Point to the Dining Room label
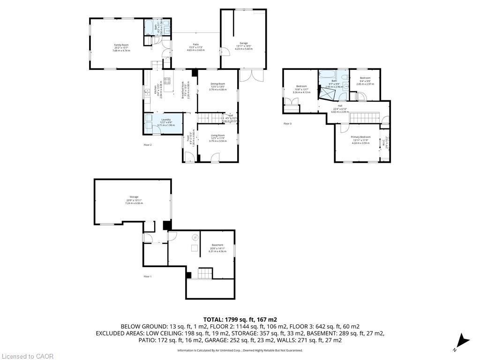click(217, 84)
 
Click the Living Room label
click(217, 135)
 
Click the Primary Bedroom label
click(360, 137)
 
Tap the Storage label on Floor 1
click(134, 197)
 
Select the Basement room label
click(217, 245)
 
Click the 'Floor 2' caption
click(148, 145)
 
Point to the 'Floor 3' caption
click(287, 124)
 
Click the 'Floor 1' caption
click(148, 277)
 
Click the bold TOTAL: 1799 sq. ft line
click(240, 319)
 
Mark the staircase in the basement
click(205, 273)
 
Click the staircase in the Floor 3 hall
click(364, 117)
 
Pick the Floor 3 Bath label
click(334, 81)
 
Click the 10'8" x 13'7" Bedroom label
click(301, 86)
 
